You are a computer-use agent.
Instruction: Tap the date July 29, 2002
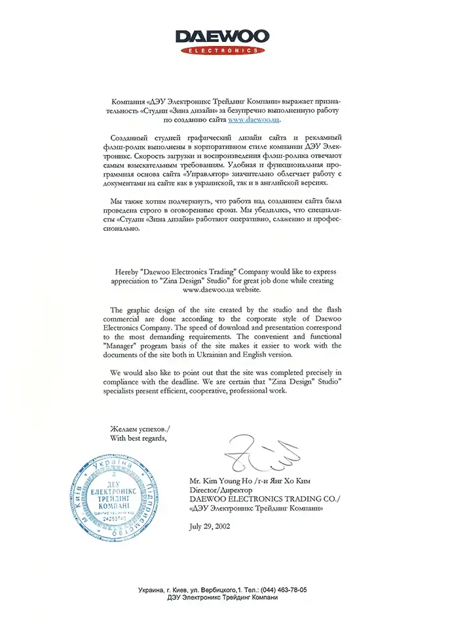[x=209, y=526]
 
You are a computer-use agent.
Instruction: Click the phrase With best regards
[x=139, y=438]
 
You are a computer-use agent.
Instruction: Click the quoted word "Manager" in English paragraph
[x=129, y=346]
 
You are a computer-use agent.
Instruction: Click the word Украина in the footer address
[x=152, y=591]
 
